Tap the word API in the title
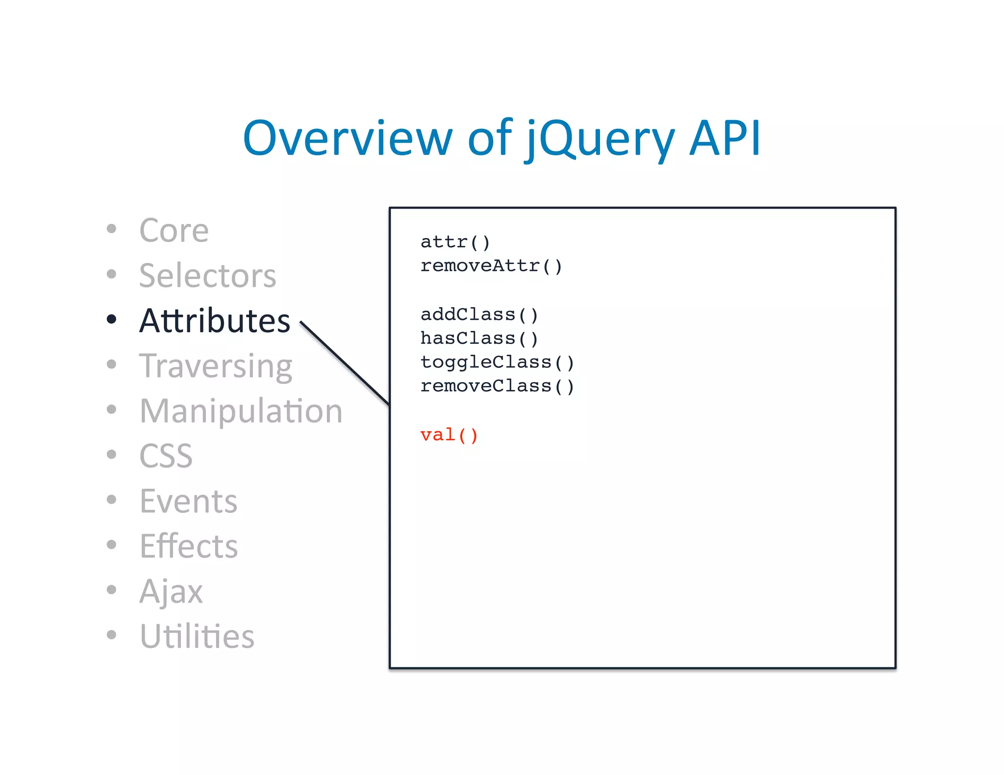coord(725,138)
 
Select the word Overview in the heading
coord(347,138)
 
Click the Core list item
coord(174,230)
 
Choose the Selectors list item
coord(207,275)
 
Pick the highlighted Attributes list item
coord(215,321)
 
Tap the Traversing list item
coord(216,366)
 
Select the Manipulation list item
coord(241,411)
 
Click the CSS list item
coord(166,456)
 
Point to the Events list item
coord(188,501)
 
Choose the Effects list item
coord(189,546)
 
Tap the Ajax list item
coord(171,591)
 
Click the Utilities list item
coord(197,636)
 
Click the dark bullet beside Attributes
coord(112,319)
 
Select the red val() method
coord(449,435)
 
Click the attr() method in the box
coord(455,242)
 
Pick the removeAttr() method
coord(491,266)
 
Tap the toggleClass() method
coord(497,363)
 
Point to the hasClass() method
coord(479,339)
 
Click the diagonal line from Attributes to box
coord(345,363)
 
